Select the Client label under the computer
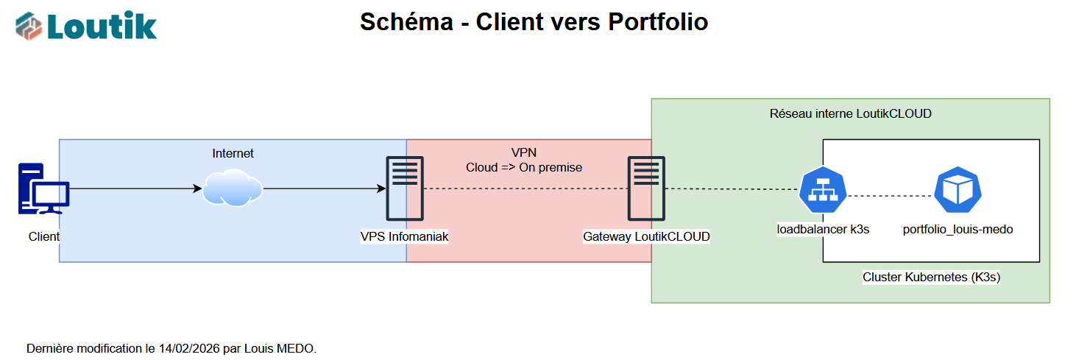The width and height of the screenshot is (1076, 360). coord(44,236)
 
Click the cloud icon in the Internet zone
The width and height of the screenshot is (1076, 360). coord(233,188)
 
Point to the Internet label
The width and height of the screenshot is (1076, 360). coord(233,153)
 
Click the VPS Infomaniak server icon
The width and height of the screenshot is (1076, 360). coord(406,188)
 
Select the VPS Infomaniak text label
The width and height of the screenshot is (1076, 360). coord(404,236)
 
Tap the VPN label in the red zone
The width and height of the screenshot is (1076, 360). coord(524,152)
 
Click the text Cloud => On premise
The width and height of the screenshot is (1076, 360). coord(524,167)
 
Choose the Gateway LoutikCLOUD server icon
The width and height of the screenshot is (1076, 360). coord(646,188)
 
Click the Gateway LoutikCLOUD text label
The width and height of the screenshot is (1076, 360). coord(646,236)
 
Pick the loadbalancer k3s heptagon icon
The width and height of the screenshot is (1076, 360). coord(823,189)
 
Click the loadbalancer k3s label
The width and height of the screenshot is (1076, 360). coord(823,229)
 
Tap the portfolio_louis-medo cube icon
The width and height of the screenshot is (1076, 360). coord(958,189)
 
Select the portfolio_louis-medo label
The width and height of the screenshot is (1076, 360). coord(958,229)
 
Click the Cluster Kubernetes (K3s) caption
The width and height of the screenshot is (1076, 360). coord(931,278)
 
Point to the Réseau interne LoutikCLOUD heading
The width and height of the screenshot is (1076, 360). coord(850,113)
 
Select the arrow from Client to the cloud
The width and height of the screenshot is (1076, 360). coord(132,188)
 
